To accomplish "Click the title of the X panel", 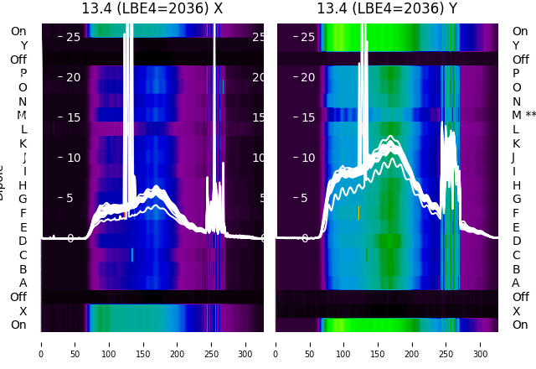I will [x=152, y=8].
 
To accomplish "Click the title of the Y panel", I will [x=387, y=8].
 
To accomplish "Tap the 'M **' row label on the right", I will [x=523, y=115].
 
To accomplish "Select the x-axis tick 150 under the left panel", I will [x=143, y=354].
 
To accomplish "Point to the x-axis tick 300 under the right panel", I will [x=481, y=354].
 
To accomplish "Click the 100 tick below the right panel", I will [x=344, y=354].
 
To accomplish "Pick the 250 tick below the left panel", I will [x=212, y=354].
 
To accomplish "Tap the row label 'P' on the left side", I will [x=23, y=73].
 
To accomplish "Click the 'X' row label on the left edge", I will [x=23, y=311].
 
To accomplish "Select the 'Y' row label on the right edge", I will [x=516, y=45].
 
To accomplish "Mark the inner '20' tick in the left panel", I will [x=73, y=77].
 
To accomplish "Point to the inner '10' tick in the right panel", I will [x=307, y=158].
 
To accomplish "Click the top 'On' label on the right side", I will [x=520, y=31].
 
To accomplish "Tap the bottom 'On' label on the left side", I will [x=18, y=325].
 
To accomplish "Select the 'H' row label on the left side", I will [x=23, y=185].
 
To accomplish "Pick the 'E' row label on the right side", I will [x=516, y=227].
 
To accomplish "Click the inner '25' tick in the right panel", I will [x=307, y=37].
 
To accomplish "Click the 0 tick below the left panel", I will [x=41, y=354].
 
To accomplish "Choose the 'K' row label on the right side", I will [x=516, y=143].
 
